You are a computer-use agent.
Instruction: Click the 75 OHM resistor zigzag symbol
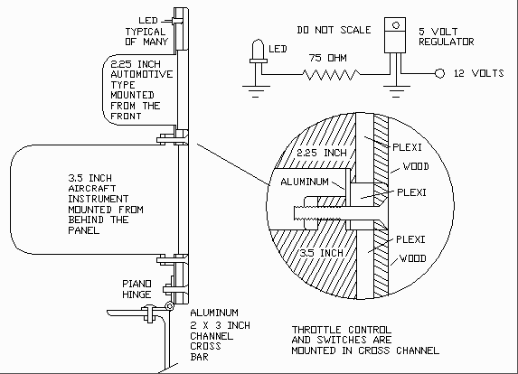click(331, 74)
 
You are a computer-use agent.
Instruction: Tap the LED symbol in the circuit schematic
click(259, 51)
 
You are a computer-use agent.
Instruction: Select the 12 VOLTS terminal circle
click(439, 73)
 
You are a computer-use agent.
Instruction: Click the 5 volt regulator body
click(395, 35)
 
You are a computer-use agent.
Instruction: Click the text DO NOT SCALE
click(334, 30)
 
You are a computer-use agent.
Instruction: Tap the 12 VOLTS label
click(479, 73)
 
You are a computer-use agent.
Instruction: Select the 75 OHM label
click(328, 58)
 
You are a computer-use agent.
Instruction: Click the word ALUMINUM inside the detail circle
click(305, 182)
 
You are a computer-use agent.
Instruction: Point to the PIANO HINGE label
click(137, 289)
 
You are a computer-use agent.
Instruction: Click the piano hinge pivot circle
click(169, 306)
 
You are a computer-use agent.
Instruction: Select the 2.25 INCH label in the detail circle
click(322, 153)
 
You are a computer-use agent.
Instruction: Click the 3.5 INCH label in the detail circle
click(322, 253)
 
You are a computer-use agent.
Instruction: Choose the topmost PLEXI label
click(407, 147)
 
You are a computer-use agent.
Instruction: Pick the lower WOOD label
click(413, 258)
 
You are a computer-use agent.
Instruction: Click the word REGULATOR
click(447, 42)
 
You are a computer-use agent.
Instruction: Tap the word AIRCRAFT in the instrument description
click(92, 189)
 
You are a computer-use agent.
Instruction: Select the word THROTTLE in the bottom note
click(316, 330)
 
